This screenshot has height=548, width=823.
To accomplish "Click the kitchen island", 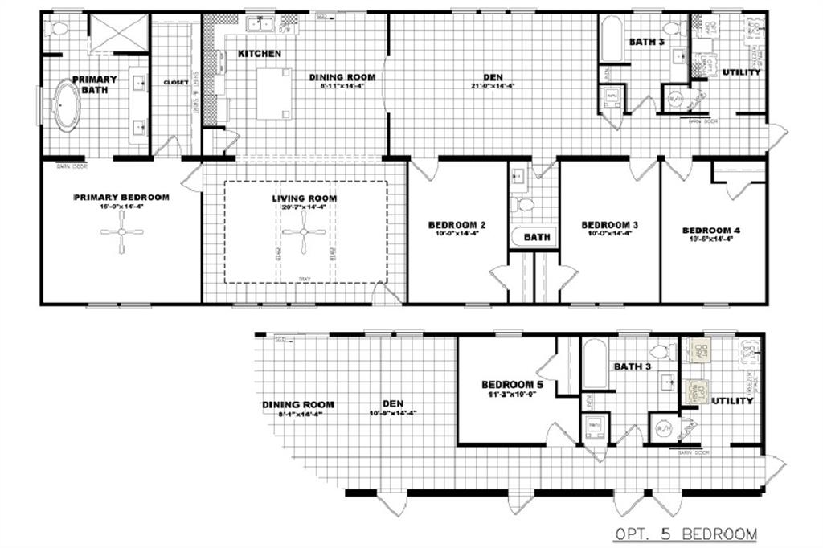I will [x=274, y=93].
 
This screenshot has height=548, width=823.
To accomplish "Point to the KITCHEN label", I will [x=259, y=54].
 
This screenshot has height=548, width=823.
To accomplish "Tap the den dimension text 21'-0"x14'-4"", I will [x=493, y=86].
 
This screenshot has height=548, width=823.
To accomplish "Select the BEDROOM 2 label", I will [x=456, y=224].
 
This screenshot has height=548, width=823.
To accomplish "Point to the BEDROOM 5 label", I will [x=512, y=385].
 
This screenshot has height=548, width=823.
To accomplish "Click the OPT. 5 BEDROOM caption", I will [x=686, y=533].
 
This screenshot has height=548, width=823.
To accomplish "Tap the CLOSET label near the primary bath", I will [x=176, y=82].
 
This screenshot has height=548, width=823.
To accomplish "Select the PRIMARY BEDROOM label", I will [x=121, y=197].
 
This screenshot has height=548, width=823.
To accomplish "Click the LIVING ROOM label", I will [x=304, y=198].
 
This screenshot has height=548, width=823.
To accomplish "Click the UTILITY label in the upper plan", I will [x=741, y=73].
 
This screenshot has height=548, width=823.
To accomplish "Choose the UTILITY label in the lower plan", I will [x=732, y=400].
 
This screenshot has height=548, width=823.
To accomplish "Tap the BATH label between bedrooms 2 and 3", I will [x=536, y=238].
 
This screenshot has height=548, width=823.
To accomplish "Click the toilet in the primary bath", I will [x=59, y=29].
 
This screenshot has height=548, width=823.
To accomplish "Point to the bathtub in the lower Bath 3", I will [x=595, y=366].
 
